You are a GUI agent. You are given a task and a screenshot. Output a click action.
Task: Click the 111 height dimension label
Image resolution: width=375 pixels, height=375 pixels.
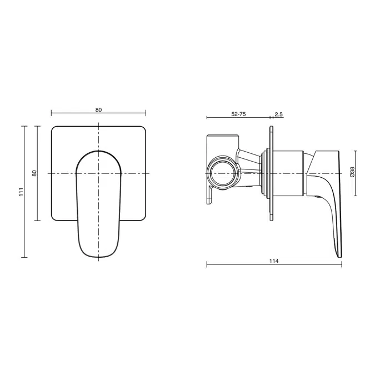tap(21, 192)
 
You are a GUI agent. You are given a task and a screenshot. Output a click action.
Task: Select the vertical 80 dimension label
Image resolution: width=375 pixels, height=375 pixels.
tap(34, 173)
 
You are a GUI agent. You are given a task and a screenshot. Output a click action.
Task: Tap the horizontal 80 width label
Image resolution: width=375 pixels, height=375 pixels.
tap(98, 110)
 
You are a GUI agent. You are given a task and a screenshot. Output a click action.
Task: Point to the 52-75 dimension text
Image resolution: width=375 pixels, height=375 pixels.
tap(238, 114)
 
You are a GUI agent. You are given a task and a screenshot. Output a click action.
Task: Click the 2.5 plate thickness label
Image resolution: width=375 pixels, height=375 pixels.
tap(279, 114)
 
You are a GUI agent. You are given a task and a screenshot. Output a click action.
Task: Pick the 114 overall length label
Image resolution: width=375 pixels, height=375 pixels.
tap(274, 261)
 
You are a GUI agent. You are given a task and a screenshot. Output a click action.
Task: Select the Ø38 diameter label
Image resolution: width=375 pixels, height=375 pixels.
tap(352, 172)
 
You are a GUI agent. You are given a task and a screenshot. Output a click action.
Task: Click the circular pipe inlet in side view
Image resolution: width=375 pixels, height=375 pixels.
tap(223, 173)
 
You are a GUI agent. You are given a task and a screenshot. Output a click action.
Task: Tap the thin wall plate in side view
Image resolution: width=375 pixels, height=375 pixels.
tap(272, 173)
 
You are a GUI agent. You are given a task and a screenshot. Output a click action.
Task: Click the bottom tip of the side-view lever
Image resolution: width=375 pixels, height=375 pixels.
tap(340, 257)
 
